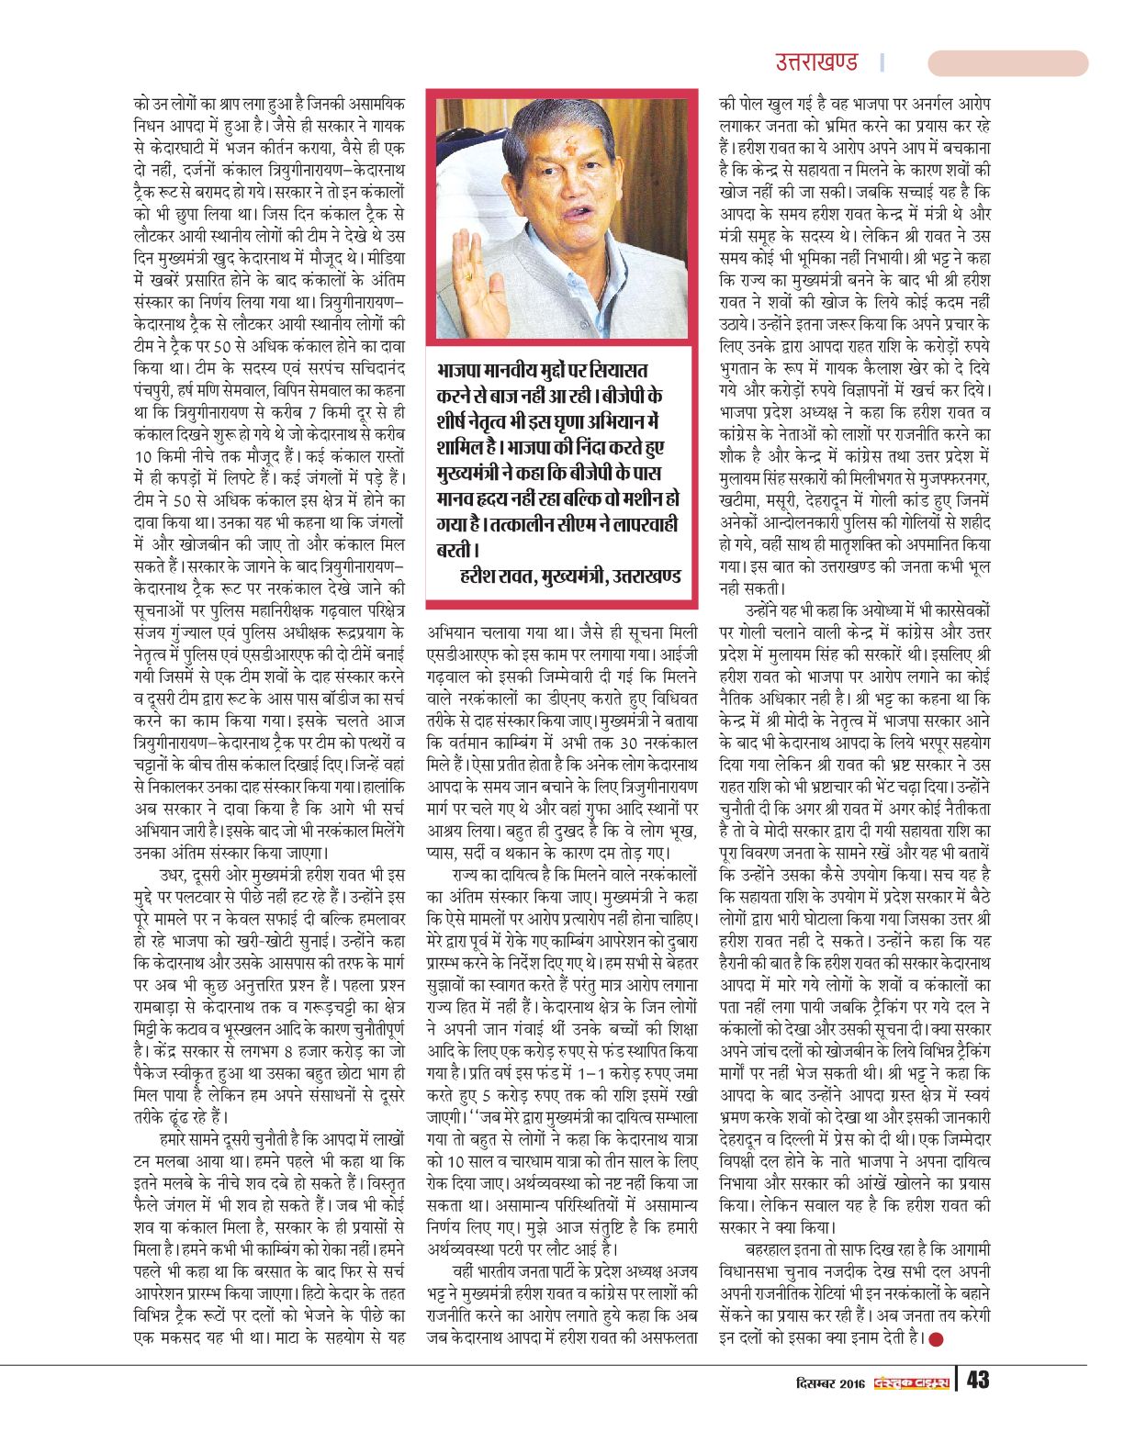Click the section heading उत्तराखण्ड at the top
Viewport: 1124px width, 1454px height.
point(816,62)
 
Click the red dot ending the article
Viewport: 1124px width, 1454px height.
point(937,1338)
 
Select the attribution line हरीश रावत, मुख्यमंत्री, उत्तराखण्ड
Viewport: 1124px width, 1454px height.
point(569,576)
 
